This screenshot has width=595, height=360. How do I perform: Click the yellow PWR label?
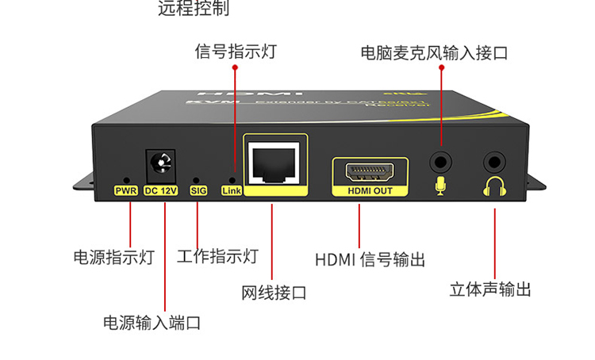pos(126,190)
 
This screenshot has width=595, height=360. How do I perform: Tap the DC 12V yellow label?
pos(160,190)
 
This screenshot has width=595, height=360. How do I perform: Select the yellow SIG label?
pos(198,190)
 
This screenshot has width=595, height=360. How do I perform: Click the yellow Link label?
pos(231,190)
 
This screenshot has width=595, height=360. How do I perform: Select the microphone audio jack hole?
pos(440,163)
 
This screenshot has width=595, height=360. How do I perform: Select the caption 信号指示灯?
pos(236,52)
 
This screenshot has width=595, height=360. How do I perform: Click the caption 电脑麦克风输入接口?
pos(433,54)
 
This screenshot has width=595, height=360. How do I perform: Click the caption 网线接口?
pos(274,293)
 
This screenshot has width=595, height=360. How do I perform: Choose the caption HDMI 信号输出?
pos(370,259)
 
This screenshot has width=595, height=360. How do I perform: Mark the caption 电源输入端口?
pos(152,323)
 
